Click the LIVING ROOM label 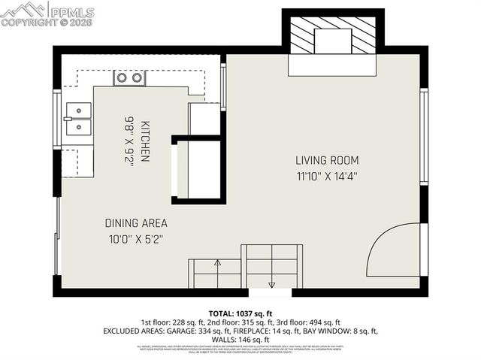(326, 160)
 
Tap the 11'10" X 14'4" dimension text (326, 177)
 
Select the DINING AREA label (135, 223)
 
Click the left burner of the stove (122, 77)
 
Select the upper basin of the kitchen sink (77, 111)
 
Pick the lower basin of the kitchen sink (77, 126)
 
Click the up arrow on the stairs (218, 264)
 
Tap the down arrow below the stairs (271, 284)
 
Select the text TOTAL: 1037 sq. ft (240, 313)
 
